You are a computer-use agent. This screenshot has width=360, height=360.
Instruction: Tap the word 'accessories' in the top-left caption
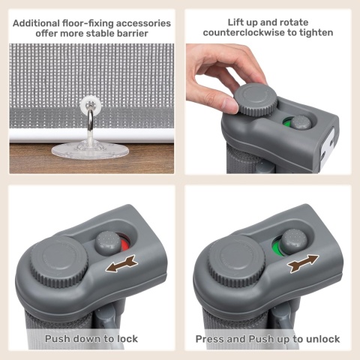pyautogui.click(x=143, y=23)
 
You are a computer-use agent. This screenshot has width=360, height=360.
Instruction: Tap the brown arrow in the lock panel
pyautogui.click(x=121, y=263)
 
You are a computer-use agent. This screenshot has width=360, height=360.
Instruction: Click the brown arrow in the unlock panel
pyautogui.click(x=303, y=263)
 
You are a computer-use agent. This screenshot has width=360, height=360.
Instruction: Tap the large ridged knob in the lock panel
pyautogui.click(x=59, y=261)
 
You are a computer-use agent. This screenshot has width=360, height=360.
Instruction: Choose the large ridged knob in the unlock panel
pyautogui.click(x=237, y=262)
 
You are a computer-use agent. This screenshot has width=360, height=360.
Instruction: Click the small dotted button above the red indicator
pyautogui.click(x=108, y=244)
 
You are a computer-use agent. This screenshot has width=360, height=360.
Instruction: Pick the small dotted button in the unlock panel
pyautogui.click(x=293, y=242)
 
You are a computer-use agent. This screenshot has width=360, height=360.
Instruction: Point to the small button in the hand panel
pyautogui.click(x=301, y=123)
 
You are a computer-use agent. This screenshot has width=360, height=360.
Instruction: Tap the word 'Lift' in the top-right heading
pyautogui.click(x=235, y=22)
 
